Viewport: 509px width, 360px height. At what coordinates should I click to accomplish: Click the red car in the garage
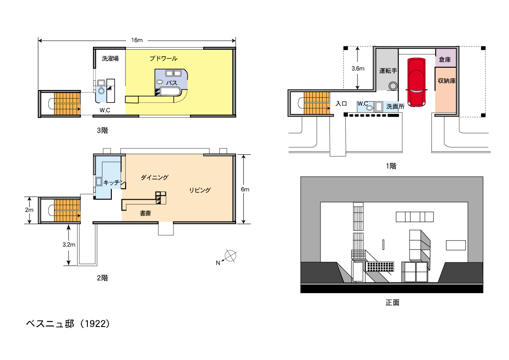coord(416,82)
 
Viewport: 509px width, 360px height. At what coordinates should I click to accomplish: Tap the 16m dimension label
coord(137,40)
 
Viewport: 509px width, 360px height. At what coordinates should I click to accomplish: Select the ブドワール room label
coord(163,58)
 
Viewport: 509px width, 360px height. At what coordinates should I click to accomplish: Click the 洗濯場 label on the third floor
coord(110,58)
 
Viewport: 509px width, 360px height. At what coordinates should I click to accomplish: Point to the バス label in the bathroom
coord(171,83)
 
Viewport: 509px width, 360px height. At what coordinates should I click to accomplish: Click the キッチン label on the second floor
coord(114,183)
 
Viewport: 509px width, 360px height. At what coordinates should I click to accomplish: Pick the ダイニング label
coord(154,177)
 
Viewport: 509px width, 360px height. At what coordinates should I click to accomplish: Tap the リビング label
coord(200,190)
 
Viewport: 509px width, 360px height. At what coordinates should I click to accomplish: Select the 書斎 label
coord(145,213)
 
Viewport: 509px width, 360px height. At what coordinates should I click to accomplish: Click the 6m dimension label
coord(245,189)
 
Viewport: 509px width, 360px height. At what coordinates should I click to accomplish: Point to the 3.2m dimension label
coord(69,244)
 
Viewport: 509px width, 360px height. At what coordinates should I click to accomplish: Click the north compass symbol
coord(230,256)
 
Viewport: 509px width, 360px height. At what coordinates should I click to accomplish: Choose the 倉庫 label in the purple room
coord(445,60)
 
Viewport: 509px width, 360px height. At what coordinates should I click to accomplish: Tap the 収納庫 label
coord(447,81)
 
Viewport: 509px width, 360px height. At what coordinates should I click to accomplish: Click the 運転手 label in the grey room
coord(388,70)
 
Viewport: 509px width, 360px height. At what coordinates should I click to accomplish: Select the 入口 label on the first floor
coord(341,104)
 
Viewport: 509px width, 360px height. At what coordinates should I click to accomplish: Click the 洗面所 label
coord(395,106)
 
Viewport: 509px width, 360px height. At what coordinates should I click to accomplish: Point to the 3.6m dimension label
coord(358,69)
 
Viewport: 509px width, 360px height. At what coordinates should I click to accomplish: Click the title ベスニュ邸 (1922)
coord(68,324)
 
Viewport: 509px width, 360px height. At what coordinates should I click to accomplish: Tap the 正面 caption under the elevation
coord(392,303)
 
